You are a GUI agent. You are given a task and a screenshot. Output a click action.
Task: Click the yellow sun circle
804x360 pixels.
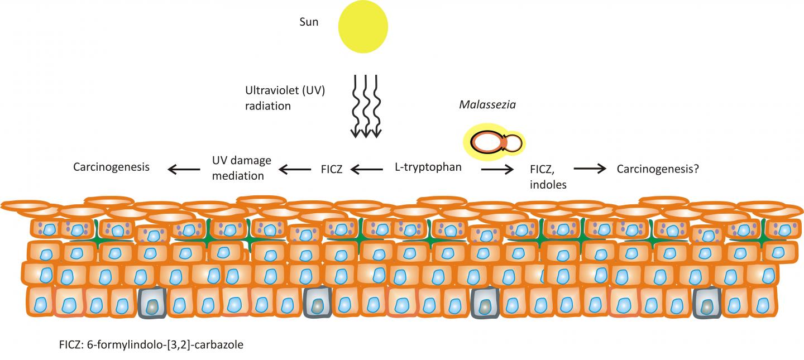[363, 26]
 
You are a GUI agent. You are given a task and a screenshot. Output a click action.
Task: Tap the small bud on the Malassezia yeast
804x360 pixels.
[514, 143]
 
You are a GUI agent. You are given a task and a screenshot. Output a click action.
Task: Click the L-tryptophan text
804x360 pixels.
[428, 167]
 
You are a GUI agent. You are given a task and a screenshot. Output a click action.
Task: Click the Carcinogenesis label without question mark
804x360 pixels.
[112, 167]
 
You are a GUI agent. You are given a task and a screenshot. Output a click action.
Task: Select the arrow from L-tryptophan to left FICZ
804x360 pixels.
[370, 167]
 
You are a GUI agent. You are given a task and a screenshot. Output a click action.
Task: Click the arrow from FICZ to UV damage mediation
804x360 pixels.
[296, 167]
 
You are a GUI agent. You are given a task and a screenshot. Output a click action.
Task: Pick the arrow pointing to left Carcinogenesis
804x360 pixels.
[185, 167]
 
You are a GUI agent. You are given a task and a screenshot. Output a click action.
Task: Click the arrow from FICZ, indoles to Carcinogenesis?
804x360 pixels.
[591, 167]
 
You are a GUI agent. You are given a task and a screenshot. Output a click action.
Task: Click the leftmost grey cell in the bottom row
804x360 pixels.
[152, 304]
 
